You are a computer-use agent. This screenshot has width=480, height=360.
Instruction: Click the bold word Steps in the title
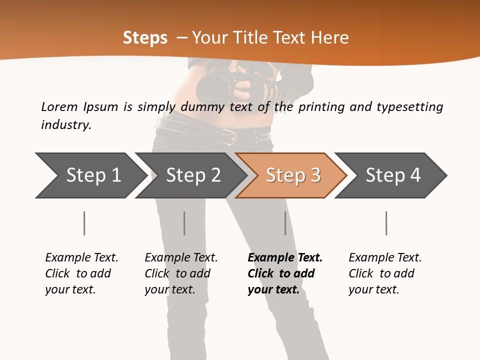point(145,38)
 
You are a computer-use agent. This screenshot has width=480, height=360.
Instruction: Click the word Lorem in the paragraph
point(59,106)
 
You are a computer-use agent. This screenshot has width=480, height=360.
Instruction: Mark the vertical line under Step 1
point(84,223)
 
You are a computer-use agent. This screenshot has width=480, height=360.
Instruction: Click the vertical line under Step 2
point(184,223)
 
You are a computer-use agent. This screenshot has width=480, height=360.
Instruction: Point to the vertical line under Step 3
point(285,223)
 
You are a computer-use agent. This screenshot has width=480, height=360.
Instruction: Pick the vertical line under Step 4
point(386,223)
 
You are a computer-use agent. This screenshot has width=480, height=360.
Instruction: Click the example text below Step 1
point(81,273)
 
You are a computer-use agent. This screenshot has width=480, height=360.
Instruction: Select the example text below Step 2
point(181,273)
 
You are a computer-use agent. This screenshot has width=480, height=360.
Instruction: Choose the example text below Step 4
point(385,273)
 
